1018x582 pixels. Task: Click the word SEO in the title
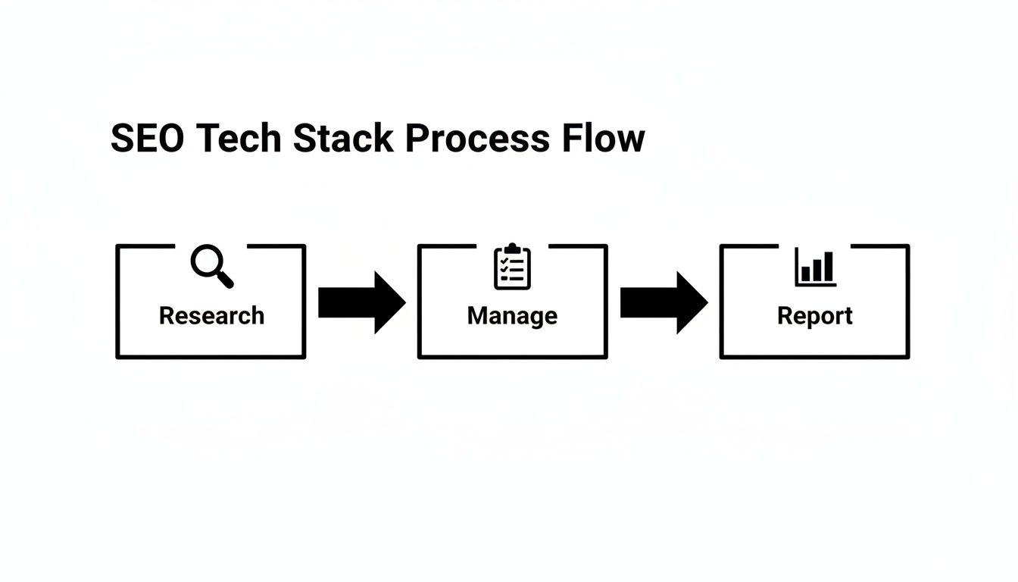pos(147,139)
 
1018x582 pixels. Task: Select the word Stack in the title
pos(343,139)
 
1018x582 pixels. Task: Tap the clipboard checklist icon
pos(513,267)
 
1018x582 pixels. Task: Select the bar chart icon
pos(815,268)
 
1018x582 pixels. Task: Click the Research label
pos(211,315)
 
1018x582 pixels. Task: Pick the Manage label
pos(512,315)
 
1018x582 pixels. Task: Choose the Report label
pos(815,315)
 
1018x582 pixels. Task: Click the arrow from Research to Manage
pos(361,302)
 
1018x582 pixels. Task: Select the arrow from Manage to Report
pos(664,302)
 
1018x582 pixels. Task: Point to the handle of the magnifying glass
pos(225,280)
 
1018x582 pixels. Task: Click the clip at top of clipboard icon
pos(513,249)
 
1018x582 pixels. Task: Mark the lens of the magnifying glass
pos(205,261)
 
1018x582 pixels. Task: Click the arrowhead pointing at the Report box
pos(692,302)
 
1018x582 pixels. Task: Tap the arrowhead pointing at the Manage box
pos(389,302)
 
